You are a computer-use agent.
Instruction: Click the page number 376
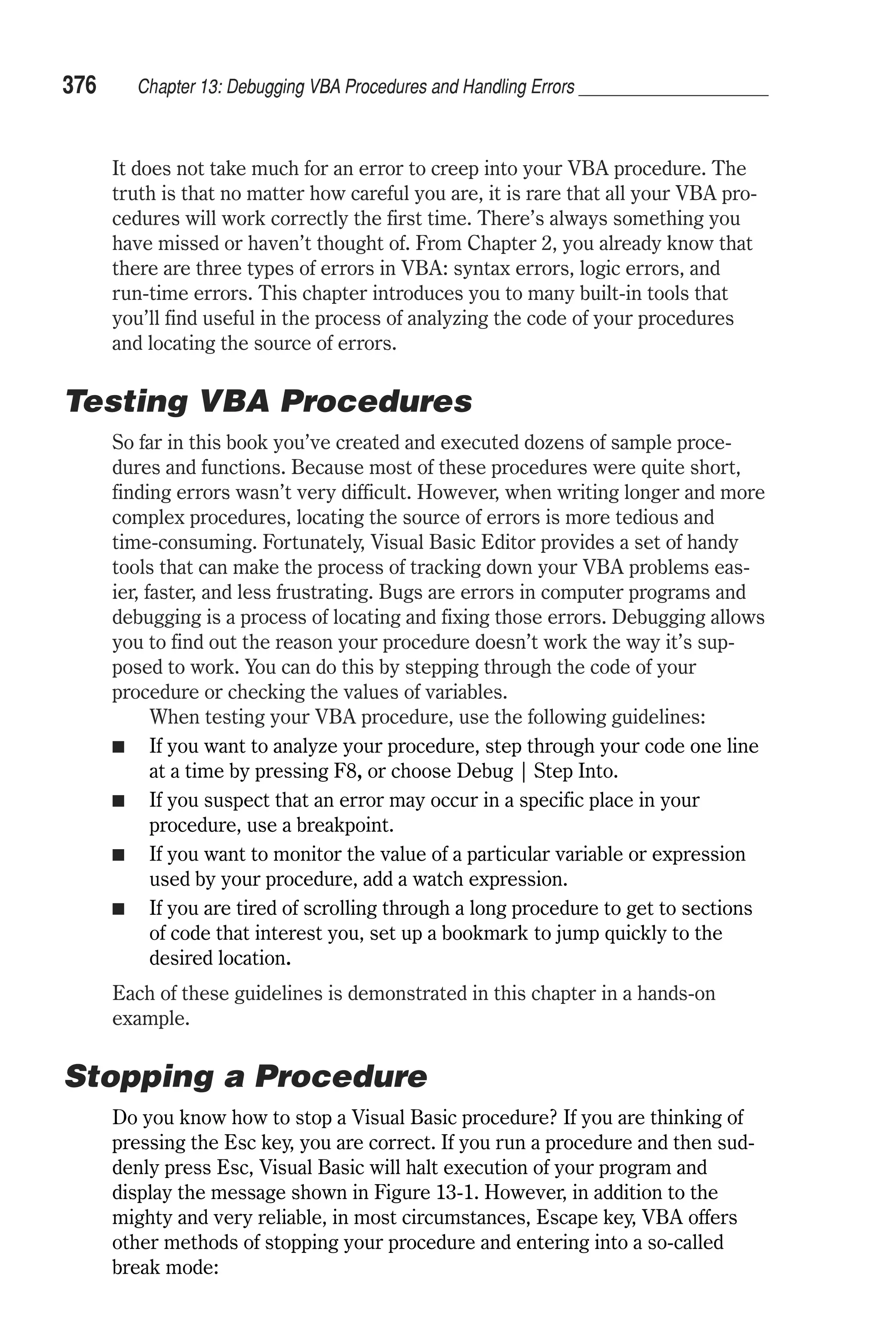click(x=80, y=86)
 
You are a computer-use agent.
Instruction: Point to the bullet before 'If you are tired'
click(x=118, y=910)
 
